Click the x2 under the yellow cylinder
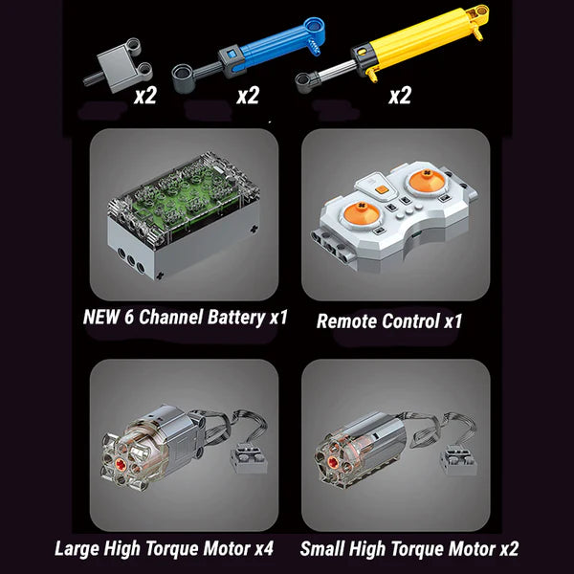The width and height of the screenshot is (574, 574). tap(400, 96)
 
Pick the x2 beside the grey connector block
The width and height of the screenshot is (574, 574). tap(145, 96)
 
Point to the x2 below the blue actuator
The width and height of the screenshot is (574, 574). tap(248, 96)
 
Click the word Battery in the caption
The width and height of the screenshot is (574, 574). tap(236, 318)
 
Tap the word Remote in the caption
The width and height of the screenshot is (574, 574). tap(347, 321)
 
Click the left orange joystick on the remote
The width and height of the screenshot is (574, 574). tap(361, 213)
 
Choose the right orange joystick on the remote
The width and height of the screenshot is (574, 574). tap(427, 181)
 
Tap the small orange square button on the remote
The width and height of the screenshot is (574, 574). tap(381, 189)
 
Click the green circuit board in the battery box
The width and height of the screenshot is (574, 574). tap(183, 198)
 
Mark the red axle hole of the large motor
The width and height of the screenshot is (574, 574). tap(121, 464)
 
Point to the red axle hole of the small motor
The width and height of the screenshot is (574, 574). tap(333, 462)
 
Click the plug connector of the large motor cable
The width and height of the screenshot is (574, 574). tap(249, 457)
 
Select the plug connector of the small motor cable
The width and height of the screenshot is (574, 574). tap(458, 460)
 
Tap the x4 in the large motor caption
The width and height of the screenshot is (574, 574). tap(264, 549)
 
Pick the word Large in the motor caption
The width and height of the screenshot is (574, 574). tap(77, 549)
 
